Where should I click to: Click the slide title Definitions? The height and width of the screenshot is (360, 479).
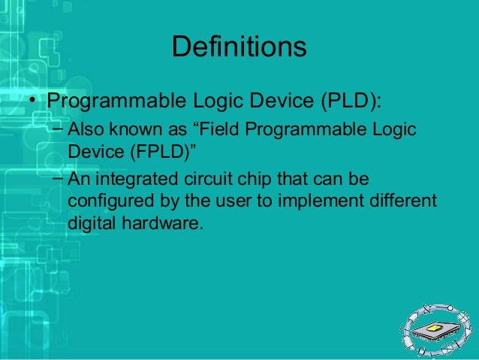(239, 47)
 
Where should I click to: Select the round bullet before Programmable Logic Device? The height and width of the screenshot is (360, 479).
(33, 101)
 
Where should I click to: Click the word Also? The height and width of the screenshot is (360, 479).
(86, 130)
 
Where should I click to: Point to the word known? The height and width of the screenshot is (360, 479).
(135, 130)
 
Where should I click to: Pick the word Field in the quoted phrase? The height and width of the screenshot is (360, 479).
(223, 130)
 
